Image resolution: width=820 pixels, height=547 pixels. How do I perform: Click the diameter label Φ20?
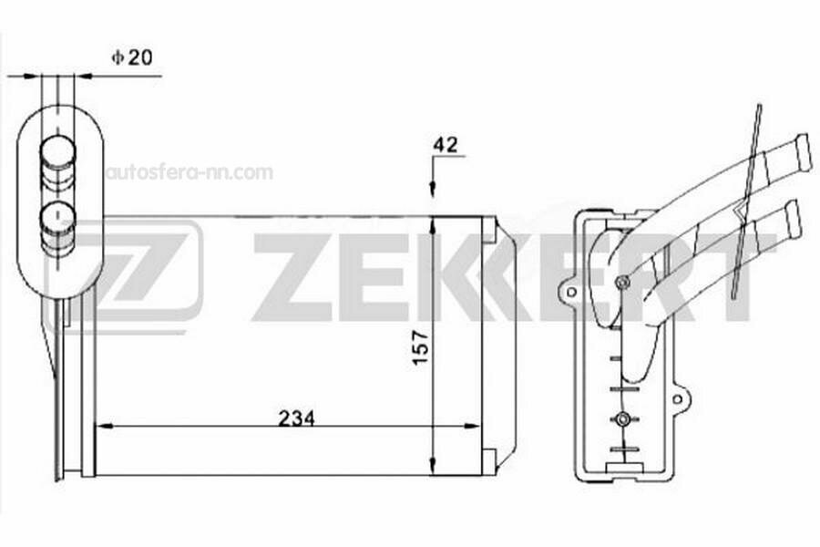132,57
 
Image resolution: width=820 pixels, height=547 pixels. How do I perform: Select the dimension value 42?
446,144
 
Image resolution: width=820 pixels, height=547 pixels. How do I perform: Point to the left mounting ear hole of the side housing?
570,293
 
